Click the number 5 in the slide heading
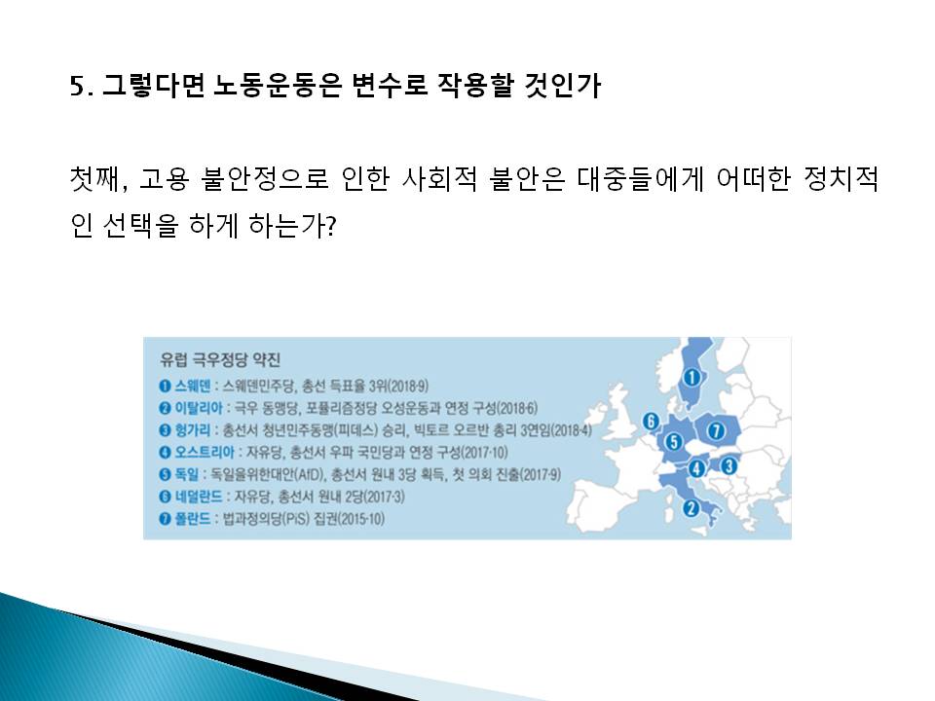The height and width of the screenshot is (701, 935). coord(78,87)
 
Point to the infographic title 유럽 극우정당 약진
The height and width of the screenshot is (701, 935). coord(220,359)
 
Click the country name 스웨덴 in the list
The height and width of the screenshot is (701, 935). coord(192,386)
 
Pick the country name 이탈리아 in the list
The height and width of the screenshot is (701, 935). coord(198,408)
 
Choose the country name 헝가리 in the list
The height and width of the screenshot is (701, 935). coord(192,429)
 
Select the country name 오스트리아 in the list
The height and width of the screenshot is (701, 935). coord(205,452)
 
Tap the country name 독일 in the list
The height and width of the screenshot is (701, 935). coord(186,474)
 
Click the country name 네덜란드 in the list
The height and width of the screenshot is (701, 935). coord(198,497)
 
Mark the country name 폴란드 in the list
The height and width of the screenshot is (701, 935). coord(192,519)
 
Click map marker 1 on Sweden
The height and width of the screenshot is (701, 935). coord(692,378)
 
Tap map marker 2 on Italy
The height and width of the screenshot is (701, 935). coord(692,508)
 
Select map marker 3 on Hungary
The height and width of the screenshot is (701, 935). coord(729,465)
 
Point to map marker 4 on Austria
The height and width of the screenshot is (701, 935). coord(696,468)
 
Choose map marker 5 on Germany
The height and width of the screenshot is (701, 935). coord(674,442)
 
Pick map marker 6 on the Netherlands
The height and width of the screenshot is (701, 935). coord(651,422)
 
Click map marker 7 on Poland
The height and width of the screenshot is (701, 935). coord(716,429)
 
